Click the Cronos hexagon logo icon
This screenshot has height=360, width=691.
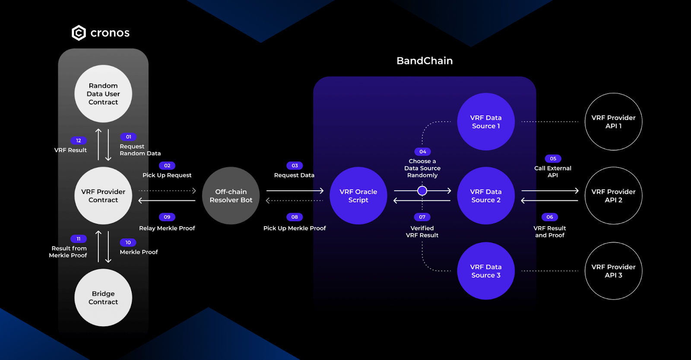[x=79, y=33]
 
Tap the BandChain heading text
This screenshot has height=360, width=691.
[x=425, y=61]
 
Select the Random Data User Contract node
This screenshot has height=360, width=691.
[x=103, y=94]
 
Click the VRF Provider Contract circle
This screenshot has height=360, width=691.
[x=103, y=196]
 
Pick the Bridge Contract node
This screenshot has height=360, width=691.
[x=103, y=298]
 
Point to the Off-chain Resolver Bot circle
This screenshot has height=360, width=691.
[x=231, y=196]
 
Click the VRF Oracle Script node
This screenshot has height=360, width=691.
[x=358, y=196]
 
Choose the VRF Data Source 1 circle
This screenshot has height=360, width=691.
[x=486, y=122]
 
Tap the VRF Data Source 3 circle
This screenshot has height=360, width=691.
[x=486, y=271]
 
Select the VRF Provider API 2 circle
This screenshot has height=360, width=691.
[x=614, y=196]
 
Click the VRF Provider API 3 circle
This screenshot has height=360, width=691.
[x=614, y=271]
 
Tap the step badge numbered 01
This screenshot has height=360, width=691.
[x=128, y=137]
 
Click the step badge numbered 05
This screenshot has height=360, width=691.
[x=553, y=159]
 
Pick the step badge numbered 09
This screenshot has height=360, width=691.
[x=167, y=217]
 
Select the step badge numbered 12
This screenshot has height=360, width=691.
[x=79, y=141]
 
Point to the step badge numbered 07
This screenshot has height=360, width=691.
[x=422, y=217]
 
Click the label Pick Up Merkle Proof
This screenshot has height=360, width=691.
[x=295, y=228]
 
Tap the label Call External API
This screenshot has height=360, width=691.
[x=553, y=172]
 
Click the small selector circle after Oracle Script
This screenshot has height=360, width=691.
[x=422, y=191]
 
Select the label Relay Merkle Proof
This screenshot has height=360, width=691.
[x=167, y=228]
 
